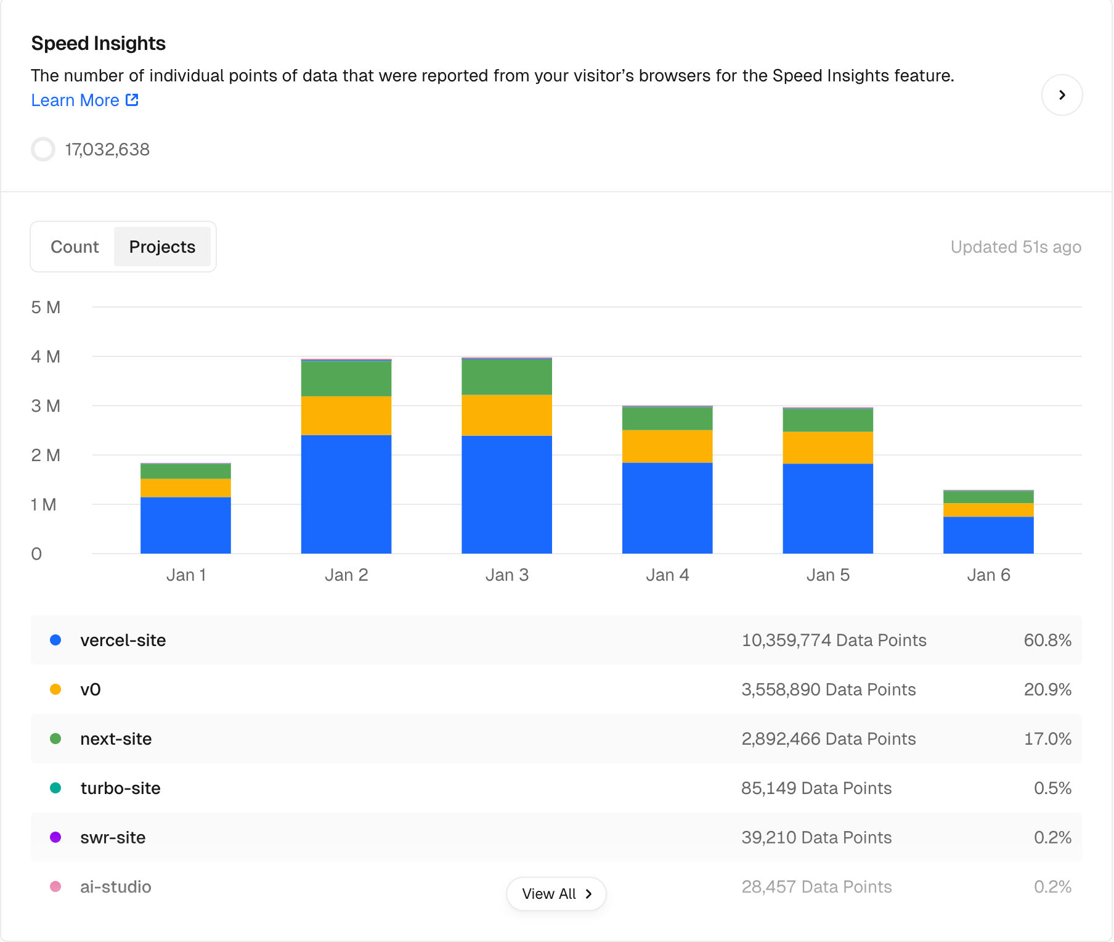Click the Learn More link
[x=84, y=100]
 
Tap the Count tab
[x=75, y=247]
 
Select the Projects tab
[x=162, y=247]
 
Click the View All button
[x=556, y=894]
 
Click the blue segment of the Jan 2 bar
[x=346, y=494]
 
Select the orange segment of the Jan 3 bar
[x=506, y=415]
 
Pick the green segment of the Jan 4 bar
[x=667, y=419]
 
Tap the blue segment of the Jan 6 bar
[x=988, y=534]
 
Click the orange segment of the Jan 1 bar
[x=185, y=488]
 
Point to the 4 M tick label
[x=46, y=357]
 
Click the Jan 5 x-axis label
[x=827, y=575]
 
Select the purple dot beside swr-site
[x=55, y=837]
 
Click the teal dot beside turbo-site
[x=55, y=788]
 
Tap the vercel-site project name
[x=123, y=641]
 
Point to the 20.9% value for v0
[x=1047, y=690]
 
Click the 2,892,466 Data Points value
[x=828, y=739]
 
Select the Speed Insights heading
[x=99, y=44]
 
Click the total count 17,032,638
[x=107, y=150]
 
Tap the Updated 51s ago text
[x=1015, y=247]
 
